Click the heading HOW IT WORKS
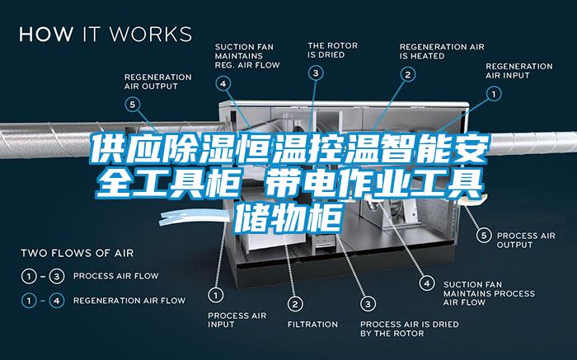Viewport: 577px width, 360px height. (106, 34)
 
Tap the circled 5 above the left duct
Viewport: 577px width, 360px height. (132, 105)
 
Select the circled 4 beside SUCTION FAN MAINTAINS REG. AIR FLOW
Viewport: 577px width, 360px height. (223, 83)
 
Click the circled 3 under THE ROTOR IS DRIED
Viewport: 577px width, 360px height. (316, 72)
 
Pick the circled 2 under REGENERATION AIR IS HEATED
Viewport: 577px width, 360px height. (408, 75)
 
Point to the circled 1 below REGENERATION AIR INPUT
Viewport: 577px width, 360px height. (494, 94)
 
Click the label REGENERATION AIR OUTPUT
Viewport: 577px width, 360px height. (158, 82)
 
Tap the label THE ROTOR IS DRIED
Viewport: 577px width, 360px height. (333, 50)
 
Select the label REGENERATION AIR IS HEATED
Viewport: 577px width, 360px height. (442, 52)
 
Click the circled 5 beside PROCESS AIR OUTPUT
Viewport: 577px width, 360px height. (484, 235)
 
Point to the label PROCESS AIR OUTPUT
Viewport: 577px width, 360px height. (526, 240)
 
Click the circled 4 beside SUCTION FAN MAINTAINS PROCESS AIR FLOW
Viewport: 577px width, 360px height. (427, 283)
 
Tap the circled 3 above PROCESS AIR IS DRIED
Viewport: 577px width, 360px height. (368, 304)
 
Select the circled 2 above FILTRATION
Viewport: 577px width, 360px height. (295, 304)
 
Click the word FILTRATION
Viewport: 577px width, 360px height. (312, 325)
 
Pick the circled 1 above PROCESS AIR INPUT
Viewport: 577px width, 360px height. (216, 295)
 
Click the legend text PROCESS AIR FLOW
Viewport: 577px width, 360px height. (116, 276)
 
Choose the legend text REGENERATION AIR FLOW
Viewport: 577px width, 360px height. (129, 301)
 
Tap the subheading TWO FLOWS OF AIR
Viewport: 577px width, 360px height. (77, 253)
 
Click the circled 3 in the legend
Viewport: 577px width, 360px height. (57, 276)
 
